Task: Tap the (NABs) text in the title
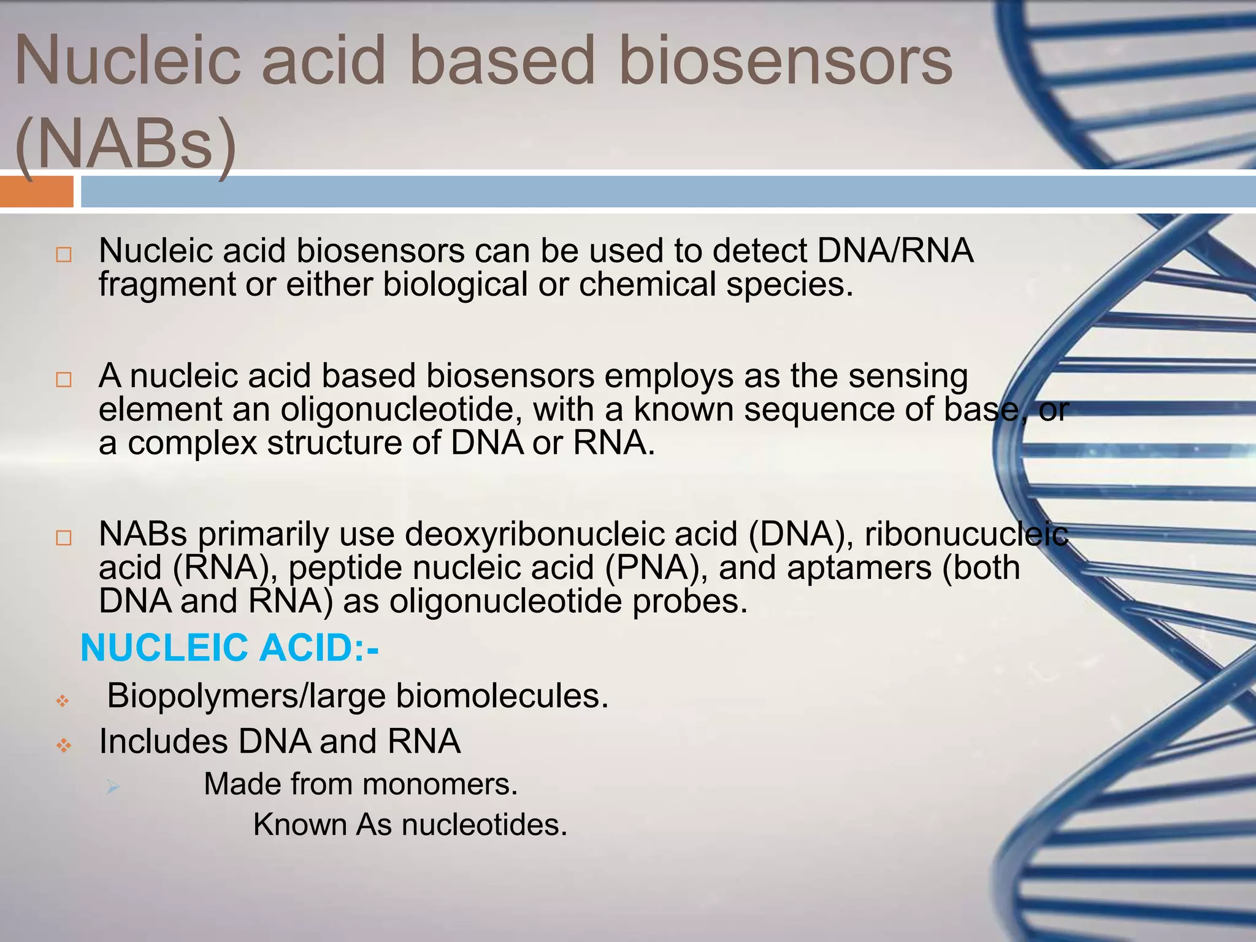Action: click(126, 145)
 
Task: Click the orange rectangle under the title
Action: click(37, 191)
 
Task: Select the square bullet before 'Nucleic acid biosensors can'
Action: click(64, 255)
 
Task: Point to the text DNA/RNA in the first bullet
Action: click(895, 251)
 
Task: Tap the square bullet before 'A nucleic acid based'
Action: click(64, 380)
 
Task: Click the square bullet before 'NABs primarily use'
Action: click(64, 538)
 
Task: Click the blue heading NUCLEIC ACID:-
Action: click(229, 648)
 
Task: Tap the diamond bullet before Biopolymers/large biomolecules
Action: click(63, 700)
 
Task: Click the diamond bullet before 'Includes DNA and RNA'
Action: click(64, 746)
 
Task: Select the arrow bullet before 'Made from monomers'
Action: click(112, 787)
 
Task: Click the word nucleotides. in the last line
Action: click(484, 824)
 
